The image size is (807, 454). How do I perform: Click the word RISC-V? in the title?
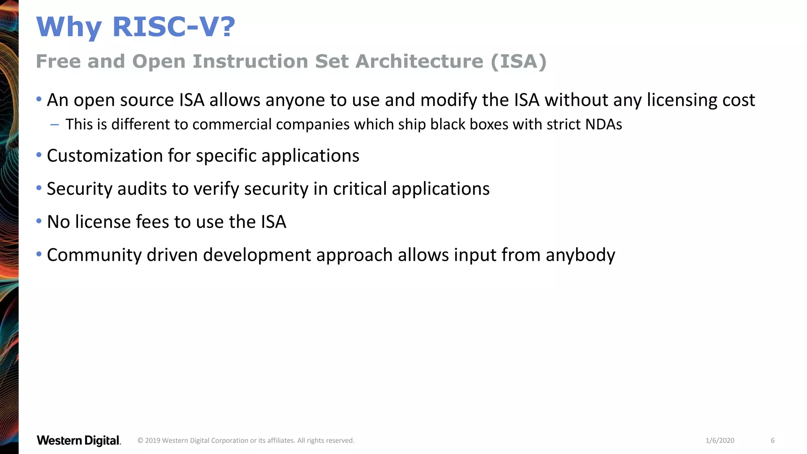pyautogui.click(x=174, y=27)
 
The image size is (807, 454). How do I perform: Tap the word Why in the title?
pyautogui.click(x=69, y=28)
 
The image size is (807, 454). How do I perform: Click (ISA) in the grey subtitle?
pyautogui.click(x=519, y=61)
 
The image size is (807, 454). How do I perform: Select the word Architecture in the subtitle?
pyautogui.click(x=419, y=61)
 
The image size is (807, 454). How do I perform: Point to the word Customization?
pyautogui.click(x=105, y=156)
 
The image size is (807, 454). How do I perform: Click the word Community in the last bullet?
pyautogui.click(x=94, y=255)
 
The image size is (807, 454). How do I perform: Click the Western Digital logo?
pyautogui.click(x=79, y=441)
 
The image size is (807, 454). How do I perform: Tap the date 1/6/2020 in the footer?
pyautogui.click(x=720, y=441)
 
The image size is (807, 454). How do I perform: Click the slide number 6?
pyautogui.click(x=772, y=441)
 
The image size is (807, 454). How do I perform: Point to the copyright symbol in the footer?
pyautogui.click(x=140, y=441)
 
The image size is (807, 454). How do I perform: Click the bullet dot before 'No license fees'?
pyautogui.click(x=39, y=221)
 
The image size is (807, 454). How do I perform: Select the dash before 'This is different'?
pyautogui.click(x=55, y=125)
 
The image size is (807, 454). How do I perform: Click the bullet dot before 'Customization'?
pyautogui.click(x=39, y=155)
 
